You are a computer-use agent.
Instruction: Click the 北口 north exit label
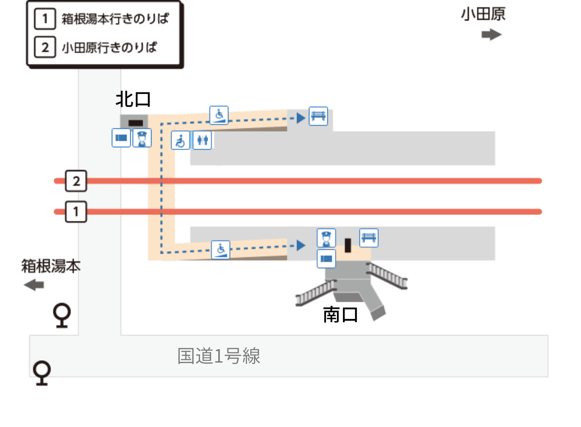point(133,99)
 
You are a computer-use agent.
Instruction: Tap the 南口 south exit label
point(340,315)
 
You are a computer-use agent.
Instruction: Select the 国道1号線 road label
point(219,356)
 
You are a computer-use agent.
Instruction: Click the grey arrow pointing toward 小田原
point(492,35)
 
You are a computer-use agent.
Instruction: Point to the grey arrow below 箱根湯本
point(34,285)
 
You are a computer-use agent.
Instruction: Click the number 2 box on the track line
point(76,181)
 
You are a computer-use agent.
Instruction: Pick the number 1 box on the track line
point(76,212)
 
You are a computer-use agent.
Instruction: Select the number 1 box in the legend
point(45,19)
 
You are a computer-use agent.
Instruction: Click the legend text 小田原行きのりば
point(110,47)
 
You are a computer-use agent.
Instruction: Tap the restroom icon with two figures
point(202,140)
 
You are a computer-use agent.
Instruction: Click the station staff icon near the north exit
point(142,138)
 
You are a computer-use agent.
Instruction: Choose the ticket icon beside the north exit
point(121,138)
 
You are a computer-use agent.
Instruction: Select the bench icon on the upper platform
point(318,116)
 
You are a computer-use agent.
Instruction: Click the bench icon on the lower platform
point(369,238)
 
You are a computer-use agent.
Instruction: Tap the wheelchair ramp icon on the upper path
point(219,115)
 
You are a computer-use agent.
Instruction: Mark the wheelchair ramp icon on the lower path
point(221,250)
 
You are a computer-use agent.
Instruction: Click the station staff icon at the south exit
point(326,238)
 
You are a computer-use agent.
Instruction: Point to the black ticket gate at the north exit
point(136,123)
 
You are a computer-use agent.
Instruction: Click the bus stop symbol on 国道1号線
point(42,373)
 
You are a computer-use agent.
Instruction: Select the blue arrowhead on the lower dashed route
point(301,245)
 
